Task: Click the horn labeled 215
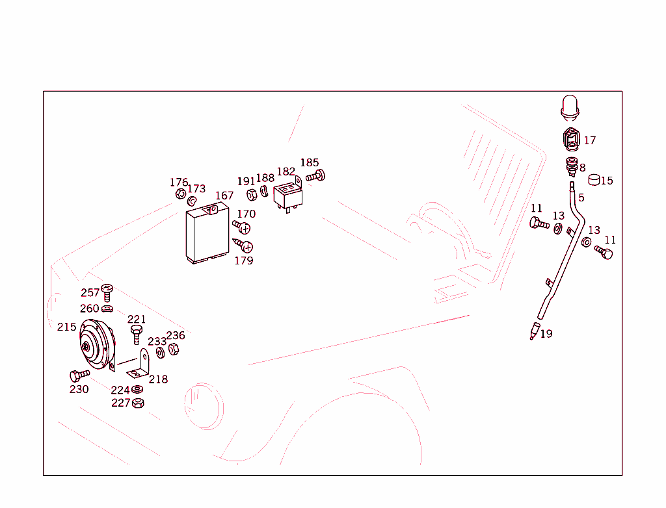(96, 348)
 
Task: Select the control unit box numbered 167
(206, 235)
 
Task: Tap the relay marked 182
(287, 196)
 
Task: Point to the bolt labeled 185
(316, 176)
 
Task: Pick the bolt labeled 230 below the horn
(78, 375)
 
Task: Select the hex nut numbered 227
(138, 403)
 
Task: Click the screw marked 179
(244, 246)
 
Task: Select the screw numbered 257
(107, 293)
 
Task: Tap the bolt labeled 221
(136, 334)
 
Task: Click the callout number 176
(179, 183)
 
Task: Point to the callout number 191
(246, 182)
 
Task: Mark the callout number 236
(176, 336)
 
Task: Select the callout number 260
(90, 309)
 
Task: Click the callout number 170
(246, 214)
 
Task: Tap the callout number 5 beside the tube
(581, 197)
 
